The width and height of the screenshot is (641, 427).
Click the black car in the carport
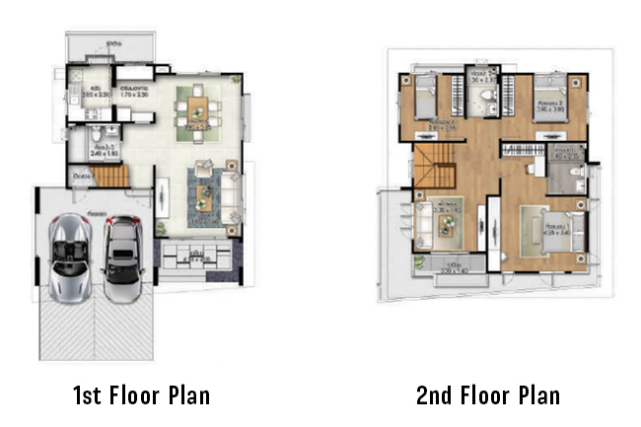coord(121,250)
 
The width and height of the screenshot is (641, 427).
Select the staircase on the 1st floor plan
coord(111,177)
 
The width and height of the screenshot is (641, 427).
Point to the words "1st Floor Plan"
coord(140,396)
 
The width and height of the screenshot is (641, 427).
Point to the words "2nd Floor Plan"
coord(487,396)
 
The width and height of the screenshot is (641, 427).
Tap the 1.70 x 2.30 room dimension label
coord(136,95)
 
